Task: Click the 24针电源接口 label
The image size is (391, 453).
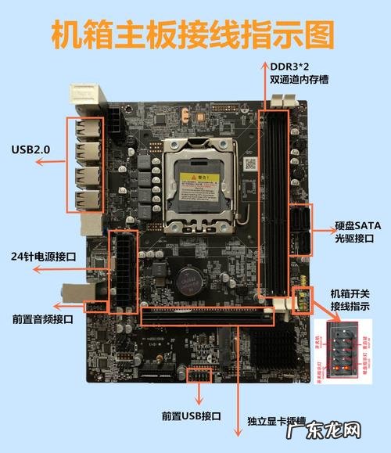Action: coord(44,256)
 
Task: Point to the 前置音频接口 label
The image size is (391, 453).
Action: coord(42,319)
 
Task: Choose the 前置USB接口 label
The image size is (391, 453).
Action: coord(192,416)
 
